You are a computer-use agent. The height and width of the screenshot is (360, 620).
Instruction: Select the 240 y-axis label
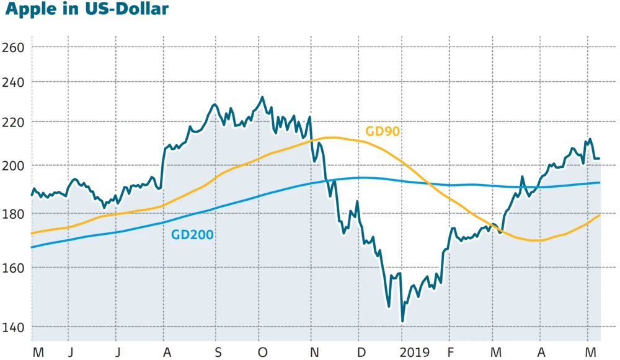(12, 82)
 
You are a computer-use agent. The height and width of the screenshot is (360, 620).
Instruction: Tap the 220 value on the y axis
(12, 122)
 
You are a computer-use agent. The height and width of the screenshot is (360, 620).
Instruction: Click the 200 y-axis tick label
(12, 165)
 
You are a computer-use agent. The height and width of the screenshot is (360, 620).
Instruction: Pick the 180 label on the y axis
(12, 214)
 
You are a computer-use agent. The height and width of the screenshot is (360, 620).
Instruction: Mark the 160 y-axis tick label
(12, 268)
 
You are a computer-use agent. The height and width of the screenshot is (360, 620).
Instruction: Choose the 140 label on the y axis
(12, 327)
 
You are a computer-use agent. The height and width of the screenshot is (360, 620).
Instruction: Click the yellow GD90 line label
(383, 131)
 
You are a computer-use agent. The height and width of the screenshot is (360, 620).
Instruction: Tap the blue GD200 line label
(192, 234)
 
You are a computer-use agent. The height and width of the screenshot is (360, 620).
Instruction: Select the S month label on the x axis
(218, 353)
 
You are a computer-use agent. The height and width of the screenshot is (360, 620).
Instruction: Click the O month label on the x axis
(262, 353)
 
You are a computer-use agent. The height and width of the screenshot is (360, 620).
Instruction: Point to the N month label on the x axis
(314, 353)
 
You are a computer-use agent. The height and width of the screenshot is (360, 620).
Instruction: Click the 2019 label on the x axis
(414, 353)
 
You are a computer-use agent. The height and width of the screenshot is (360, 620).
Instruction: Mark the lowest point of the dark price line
(402, 322)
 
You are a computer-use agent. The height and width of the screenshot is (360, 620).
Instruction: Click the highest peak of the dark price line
(262, 97)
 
